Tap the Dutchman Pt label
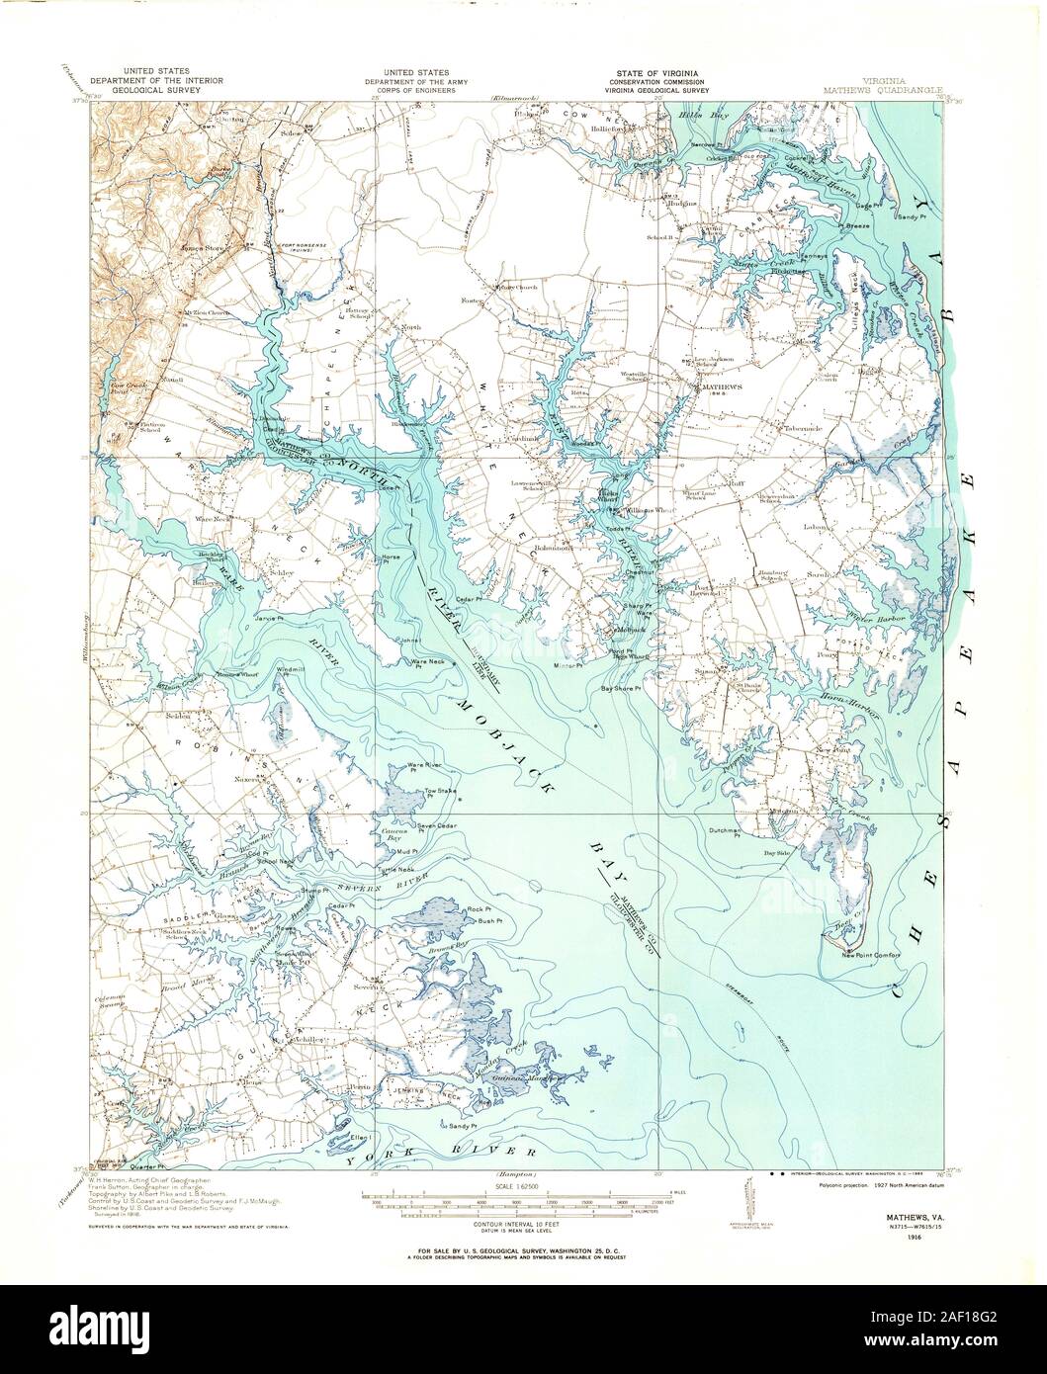(725, 831)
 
